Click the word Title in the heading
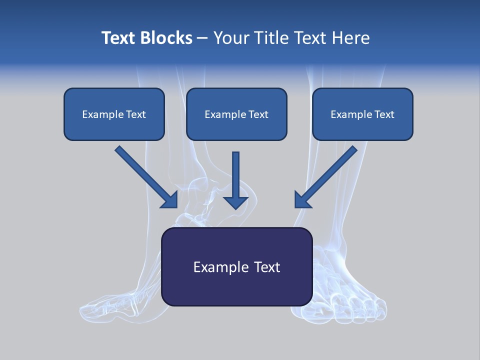point(270,38)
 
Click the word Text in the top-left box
point(136,114)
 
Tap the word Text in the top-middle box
point(258,114)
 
